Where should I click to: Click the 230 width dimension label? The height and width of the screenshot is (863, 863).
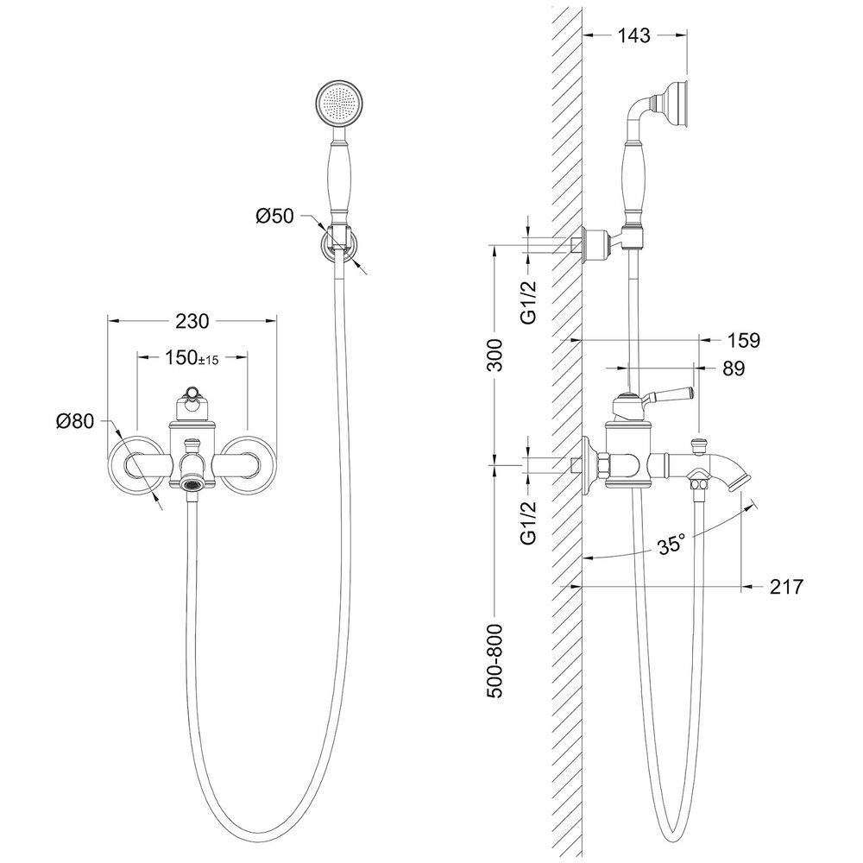coord(192,320)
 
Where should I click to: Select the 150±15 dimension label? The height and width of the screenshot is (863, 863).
coord(192,358)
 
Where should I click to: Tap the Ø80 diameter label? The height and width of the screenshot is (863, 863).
coord(75,421)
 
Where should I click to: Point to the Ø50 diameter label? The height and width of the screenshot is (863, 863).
coord(274,217)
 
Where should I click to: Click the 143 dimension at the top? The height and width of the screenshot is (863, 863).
coord(634,35)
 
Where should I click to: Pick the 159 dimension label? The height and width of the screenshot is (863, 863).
coord(743,340)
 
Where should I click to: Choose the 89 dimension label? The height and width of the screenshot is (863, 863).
coord(734,369)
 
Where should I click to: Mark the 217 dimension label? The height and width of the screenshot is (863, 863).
coord(786,587)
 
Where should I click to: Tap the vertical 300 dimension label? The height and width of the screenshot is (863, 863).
coord(495,355)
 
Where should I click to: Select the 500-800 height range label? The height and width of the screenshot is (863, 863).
coord(495,661)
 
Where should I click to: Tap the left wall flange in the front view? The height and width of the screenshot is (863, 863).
coord(135,463)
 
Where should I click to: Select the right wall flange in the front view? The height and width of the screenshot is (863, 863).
coord(249,463)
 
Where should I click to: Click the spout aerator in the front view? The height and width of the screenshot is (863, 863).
coord(192,485)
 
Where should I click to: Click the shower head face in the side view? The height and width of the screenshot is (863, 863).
coord(684,104)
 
